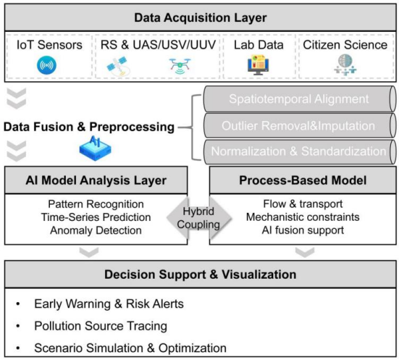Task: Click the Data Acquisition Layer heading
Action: [x=199, y=17]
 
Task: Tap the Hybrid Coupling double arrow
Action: [x=199, y=218]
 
